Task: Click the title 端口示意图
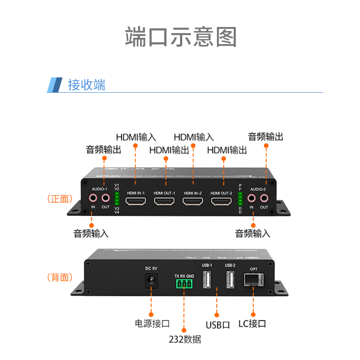point(180,36)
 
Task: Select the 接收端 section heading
point(86,85)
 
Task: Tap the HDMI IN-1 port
point(135,201)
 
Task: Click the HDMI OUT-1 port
point(164,201)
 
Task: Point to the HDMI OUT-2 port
point(221,201)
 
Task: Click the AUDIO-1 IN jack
point(93,198)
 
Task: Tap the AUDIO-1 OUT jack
point(105,198)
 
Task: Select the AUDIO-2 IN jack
point(252,198)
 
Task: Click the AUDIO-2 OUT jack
point(264,198)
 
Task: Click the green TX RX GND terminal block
point(184,283)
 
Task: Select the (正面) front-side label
point(60,198)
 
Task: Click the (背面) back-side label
point(60,277)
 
